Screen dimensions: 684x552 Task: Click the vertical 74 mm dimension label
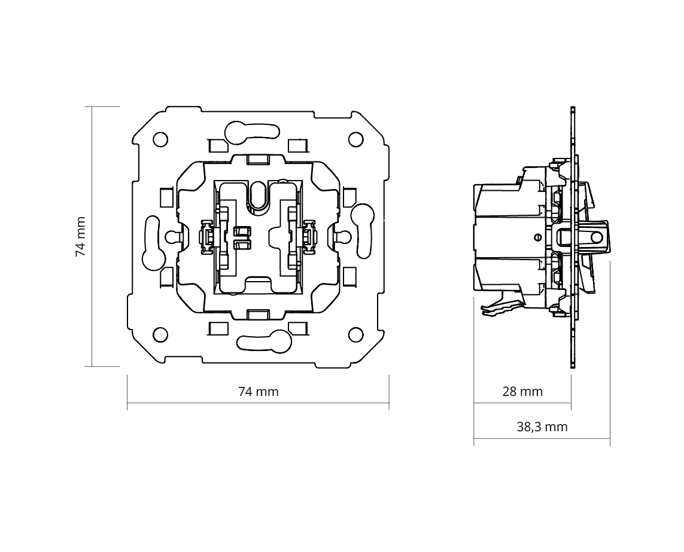[x=81, y=237]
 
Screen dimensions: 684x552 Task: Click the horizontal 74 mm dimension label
[x=259, y=392]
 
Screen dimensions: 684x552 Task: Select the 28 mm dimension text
[x=522, y=392]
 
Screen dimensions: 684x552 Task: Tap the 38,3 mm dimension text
[x=542, y=427]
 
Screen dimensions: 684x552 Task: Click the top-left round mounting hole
[x=160, y=139]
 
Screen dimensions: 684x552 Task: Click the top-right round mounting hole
[x=356, y=139]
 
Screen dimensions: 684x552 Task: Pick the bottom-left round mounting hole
[x=160, y=335]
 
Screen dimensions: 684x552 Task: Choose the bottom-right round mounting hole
[x=356, y=335]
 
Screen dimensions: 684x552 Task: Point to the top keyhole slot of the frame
[x=252, y=133]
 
